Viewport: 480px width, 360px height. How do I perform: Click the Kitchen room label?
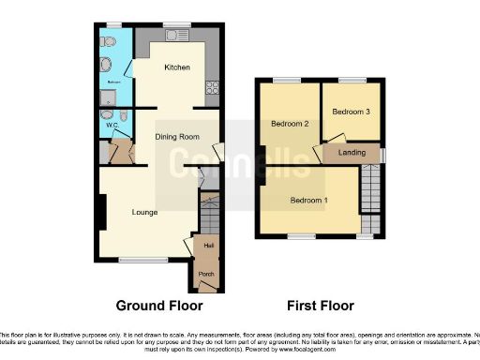tap(177, 67)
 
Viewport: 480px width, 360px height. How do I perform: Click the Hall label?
tap(207, 247)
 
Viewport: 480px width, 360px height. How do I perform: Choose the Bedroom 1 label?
tap(308, 201)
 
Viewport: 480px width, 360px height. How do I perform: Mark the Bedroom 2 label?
tap(291, 123)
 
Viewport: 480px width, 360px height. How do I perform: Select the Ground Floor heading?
tap(158, 306)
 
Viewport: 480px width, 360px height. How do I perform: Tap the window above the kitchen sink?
tap(175, 24)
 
